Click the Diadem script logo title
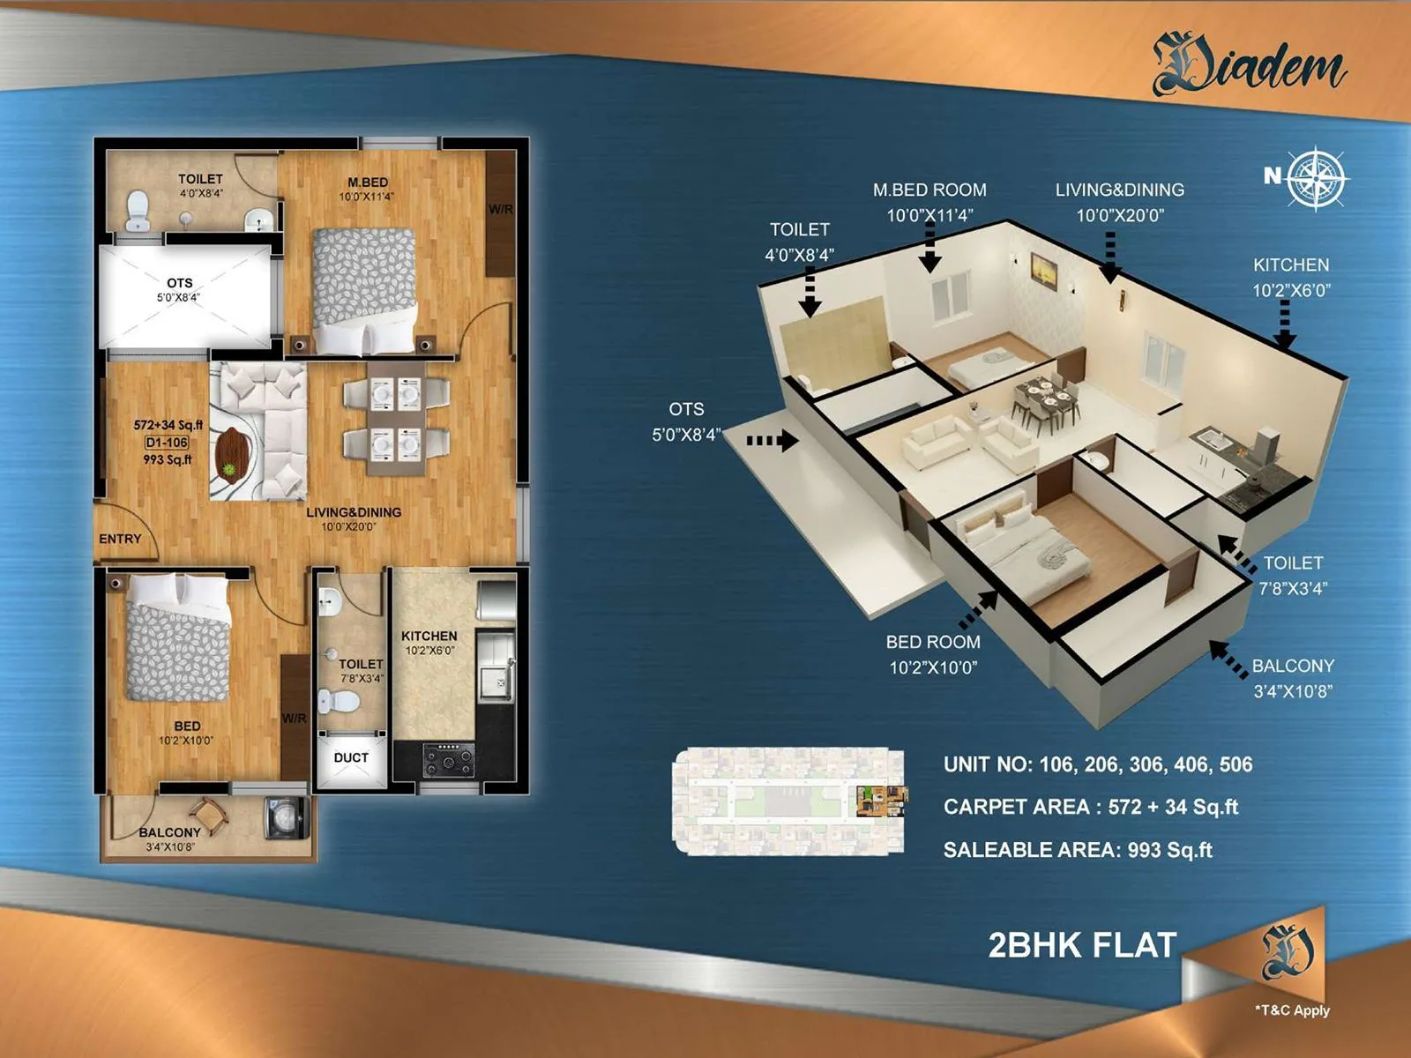(1250, 66)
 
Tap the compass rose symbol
(1316, 178)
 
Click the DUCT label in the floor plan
(351, 757)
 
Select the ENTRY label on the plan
(120, 539)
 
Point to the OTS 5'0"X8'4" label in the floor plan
(179, 289)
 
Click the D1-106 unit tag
(167, 443)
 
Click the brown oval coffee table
(233, 453)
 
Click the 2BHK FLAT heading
(1082, 945)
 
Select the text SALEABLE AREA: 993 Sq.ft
(1078, 850)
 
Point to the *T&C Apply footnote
(1292, 1010)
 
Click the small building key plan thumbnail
(788, 801)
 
